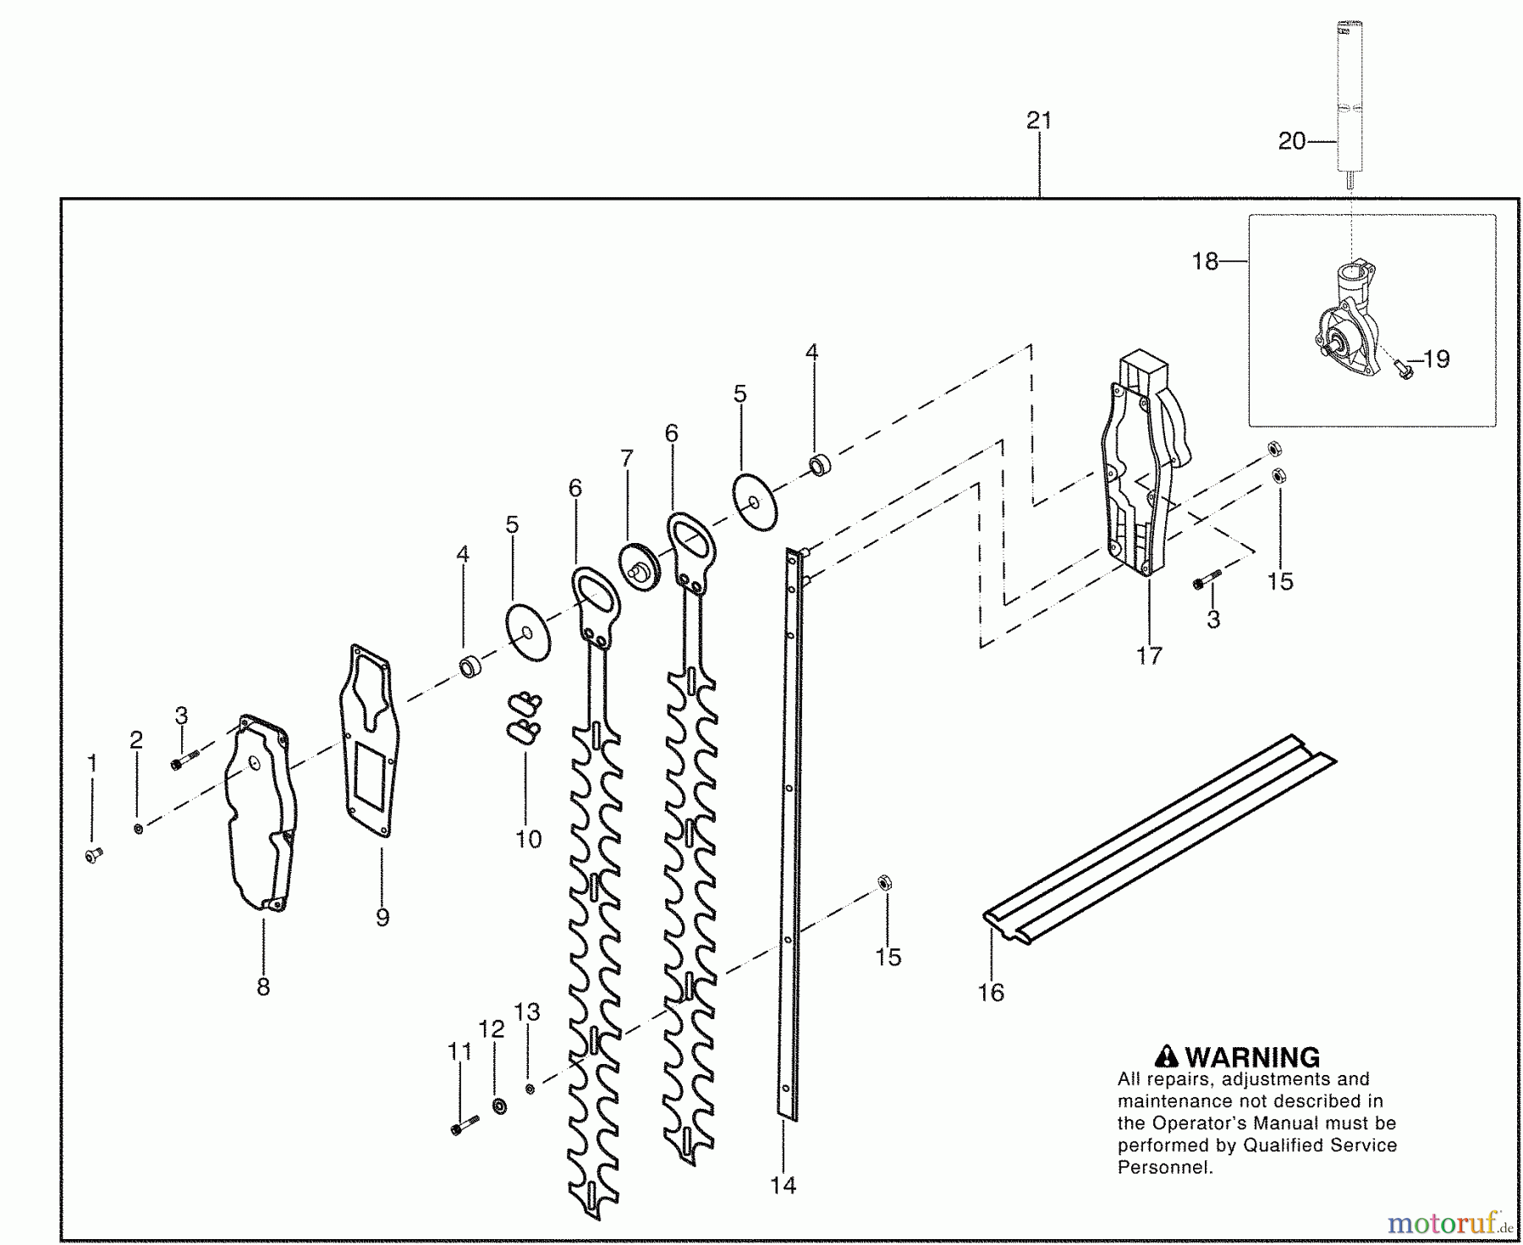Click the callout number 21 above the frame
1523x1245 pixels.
click(1039, 121)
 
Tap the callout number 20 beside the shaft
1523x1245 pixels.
click(1292, 141)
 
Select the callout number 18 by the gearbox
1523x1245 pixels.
click(1205, 261)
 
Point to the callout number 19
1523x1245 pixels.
click(1437, 359)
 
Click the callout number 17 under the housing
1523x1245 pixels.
click(1149, 655)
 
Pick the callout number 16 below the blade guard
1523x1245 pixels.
click(991, 992)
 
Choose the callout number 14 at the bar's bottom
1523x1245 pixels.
click(783, 1185)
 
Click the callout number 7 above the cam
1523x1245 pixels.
click(626, 458)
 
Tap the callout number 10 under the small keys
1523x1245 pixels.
click(528, 839)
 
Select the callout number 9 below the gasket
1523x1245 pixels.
click(382, 918)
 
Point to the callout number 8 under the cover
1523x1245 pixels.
click(263, 986)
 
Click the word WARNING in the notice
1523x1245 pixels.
click(1252, 1057)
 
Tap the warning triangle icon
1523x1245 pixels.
click(1167, 1056)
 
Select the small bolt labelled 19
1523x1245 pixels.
click(1402, 369)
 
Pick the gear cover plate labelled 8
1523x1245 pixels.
click(261, 812)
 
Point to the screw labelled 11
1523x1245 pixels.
click(465, 1125)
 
